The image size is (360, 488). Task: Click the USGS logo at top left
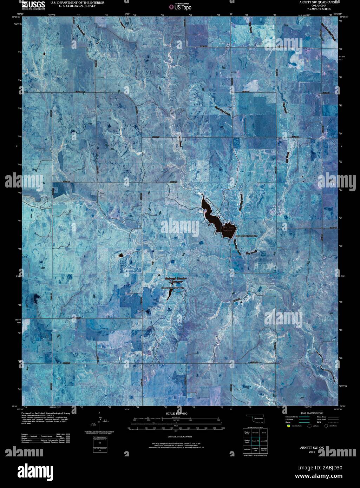click(33, 5)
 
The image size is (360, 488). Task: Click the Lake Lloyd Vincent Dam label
click(247, 236)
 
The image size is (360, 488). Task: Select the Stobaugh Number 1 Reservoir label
click(176, 280)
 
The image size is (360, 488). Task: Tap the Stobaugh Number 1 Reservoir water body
click(169, 295)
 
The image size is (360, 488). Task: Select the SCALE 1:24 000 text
click(176, 414)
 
